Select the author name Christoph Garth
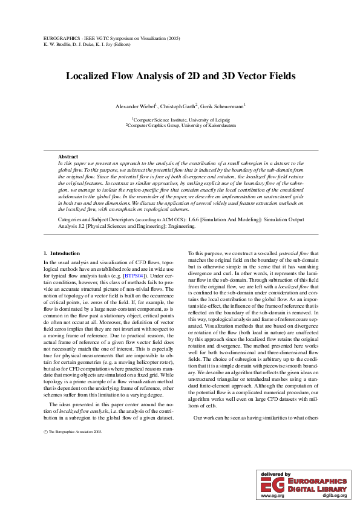178,106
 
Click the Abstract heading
68,157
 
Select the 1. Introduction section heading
62,253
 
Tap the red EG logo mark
273,485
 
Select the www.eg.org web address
272,495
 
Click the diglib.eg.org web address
334,495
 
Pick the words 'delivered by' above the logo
275,475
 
